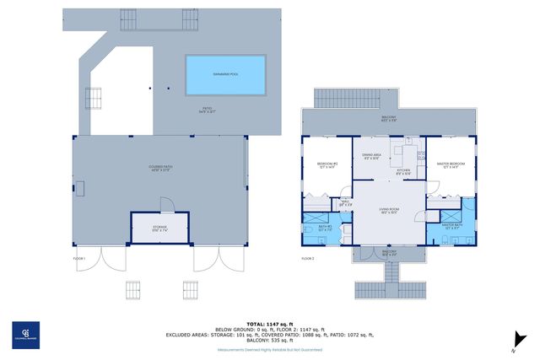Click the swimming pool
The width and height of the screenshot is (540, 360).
point(224,74)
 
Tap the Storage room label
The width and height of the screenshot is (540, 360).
point(159,228)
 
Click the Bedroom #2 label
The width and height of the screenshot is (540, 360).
point(327,165)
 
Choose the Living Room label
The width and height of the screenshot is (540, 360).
point(388,211)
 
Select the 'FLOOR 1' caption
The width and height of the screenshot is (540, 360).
point(81,258)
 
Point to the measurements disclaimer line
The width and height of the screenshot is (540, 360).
point(270,348)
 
